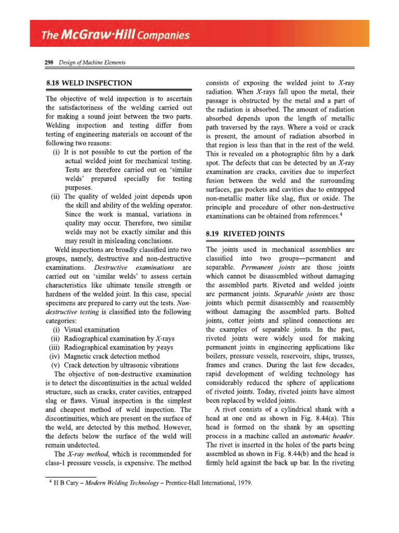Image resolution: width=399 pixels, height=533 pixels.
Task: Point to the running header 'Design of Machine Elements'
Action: [92, 63]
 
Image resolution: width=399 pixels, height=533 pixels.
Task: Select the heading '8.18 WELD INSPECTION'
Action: [89, 83]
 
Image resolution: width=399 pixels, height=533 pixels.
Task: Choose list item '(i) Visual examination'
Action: [86, 329]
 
